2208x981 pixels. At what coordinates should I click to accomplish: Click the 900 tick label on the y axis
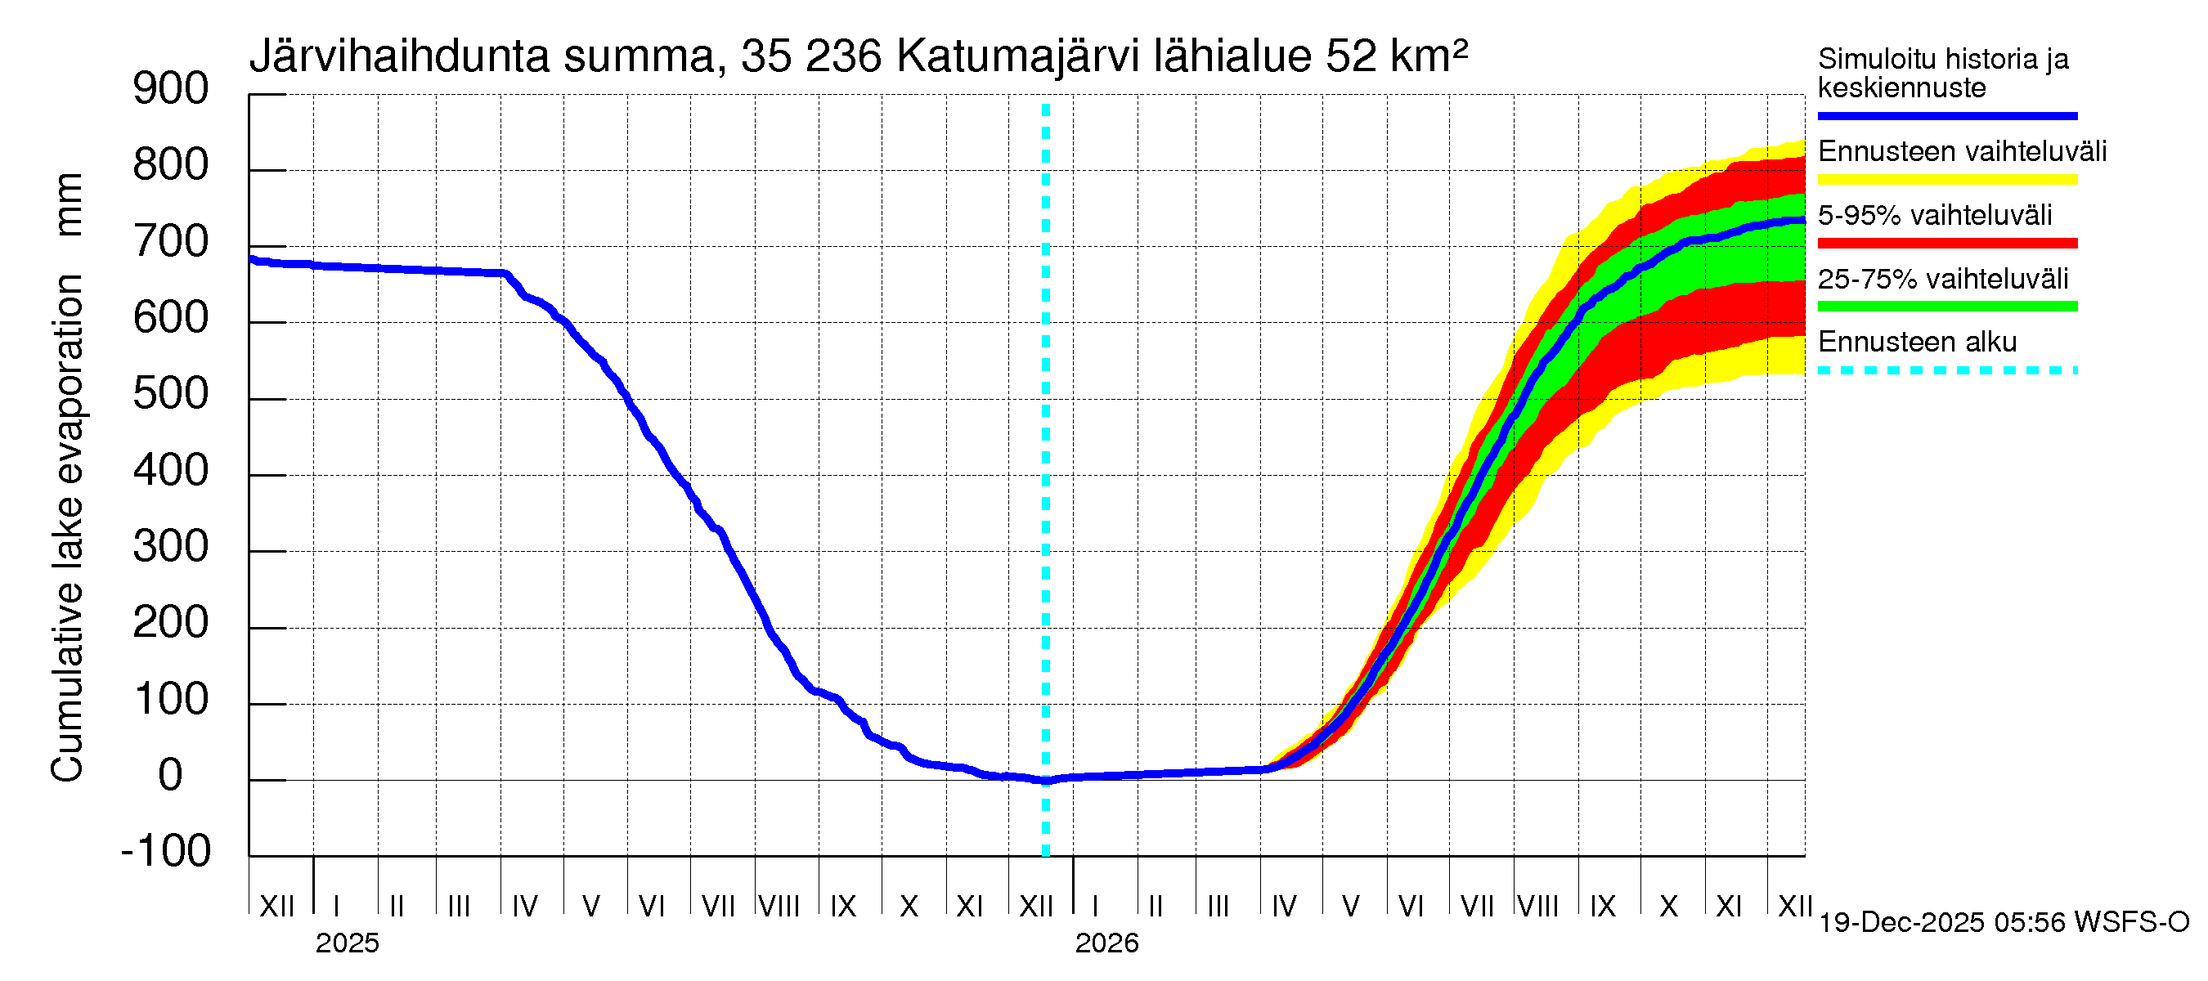point(171,89)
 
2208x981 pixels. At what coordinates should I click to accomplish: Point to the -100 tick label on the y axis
point(166,851)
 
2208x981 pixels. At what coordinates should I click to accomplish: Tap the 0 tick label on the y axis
point(171,775)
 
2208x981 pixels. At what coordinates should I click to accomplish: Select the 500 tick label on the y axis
point(171,394)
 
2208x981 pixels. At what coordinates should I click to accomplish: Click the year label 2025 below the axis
point(347,943)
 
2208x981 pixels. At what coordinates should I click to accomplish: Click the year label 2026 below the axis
point(1106,943)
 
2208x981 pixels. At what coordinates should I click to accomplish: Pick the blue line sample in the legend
point(1946,115)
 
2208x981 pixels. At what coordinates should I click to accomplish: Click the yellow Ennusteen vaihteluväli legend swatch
point(1946,180)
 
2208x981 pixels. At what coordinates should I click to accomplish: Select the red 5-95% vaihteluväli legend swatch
point(1946,244)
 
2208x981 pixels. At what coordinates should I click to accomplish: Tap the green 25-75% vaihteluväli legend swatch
point(1946,307)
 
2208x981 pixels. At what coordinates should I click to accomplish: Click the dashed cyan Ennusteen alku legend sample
point(1946,371)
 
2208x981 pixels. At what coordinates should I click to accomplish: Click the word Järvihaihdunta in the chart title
point(399,57)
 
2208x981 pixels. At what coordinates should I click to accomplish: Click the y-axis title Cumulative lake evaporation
point(67,527)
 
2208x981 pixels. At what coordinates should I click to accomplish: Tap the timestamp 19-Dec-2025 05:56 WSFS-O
point(2003,923)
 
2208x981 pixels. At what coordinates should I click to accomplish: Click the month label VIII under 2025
point(779,906)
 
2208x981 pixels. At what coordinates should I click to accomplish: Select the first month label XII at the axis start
point(277,906)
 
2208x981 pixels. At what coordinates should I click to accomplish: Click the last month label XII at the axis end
point(1794,906)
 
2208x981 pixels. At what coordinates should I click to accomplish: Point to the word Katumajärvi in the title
point(1017,57)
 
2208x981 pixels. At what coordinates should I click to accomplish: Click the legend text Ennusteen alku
point(1917,342)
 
